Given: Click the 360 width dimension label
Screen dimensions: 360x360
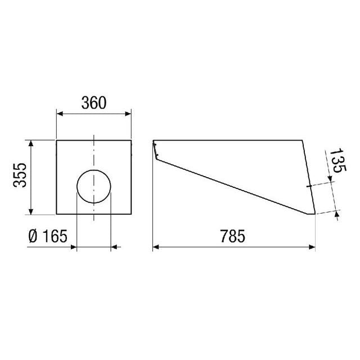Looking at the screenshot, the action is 94,103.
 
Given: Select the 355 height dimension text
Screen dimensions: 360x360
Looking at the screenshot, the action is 20,175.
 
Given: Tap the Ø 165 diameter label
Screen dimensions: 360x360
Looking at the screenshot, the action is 48,236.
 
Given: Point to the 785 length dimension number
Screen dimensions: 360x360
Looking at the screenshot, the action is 232,236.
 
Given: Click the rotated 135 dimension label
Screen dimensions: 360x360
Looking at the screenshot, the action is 338,160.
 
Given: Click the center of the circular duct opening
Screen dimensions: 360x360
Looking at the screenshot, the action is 94,187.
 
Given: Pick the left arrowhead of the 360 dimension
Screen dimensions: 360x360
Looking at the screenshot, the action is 60,114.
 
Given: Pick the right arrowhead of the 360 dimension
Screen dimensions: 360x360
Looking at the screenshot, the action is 128,114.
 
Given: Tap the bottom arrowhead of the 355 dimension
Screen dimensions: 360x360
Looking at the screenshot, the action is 31,211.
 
